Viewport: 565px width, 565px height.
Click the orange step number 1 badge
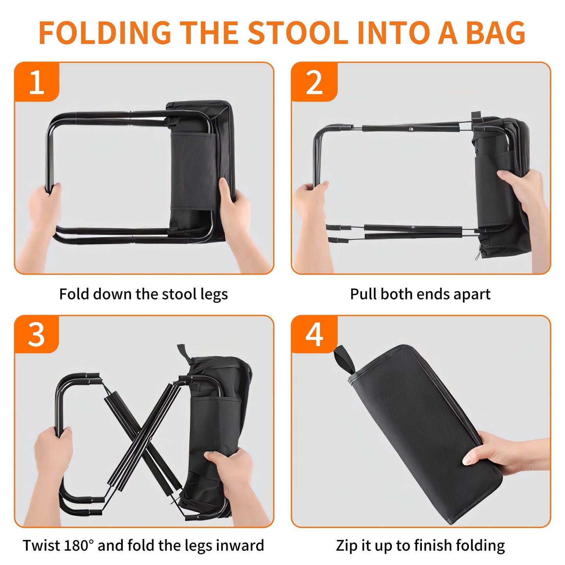37,83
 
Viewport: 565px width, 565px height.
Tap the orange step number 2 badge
314,83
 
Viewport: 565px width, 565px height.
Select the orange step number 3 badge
37,335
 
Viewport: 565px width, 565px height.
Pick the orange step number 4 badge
314,335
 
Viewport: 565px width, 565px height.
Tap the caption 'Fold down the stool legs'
143,294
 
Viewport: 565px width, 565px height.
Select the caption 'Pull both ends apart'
420,294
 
